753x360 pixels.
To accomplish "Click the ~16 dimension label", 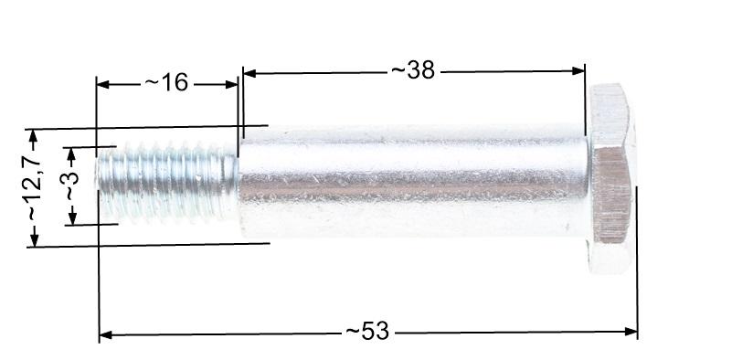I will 165,83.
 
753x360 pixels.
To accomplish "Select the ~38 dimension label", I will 412,69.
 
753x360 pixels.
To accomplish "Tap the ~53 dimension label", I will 367,332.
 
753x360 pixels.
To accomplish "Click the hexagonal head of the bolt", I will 610,178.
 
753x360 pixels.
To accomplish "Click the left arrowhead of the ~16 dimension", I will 102,84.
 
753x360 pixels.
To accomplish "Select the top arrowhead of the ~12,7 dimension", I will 34,135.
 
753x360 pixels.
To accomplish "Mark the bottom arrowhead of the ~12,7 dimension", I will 35,239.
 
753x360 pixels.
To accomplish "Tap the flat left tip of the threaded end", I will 99,183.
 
